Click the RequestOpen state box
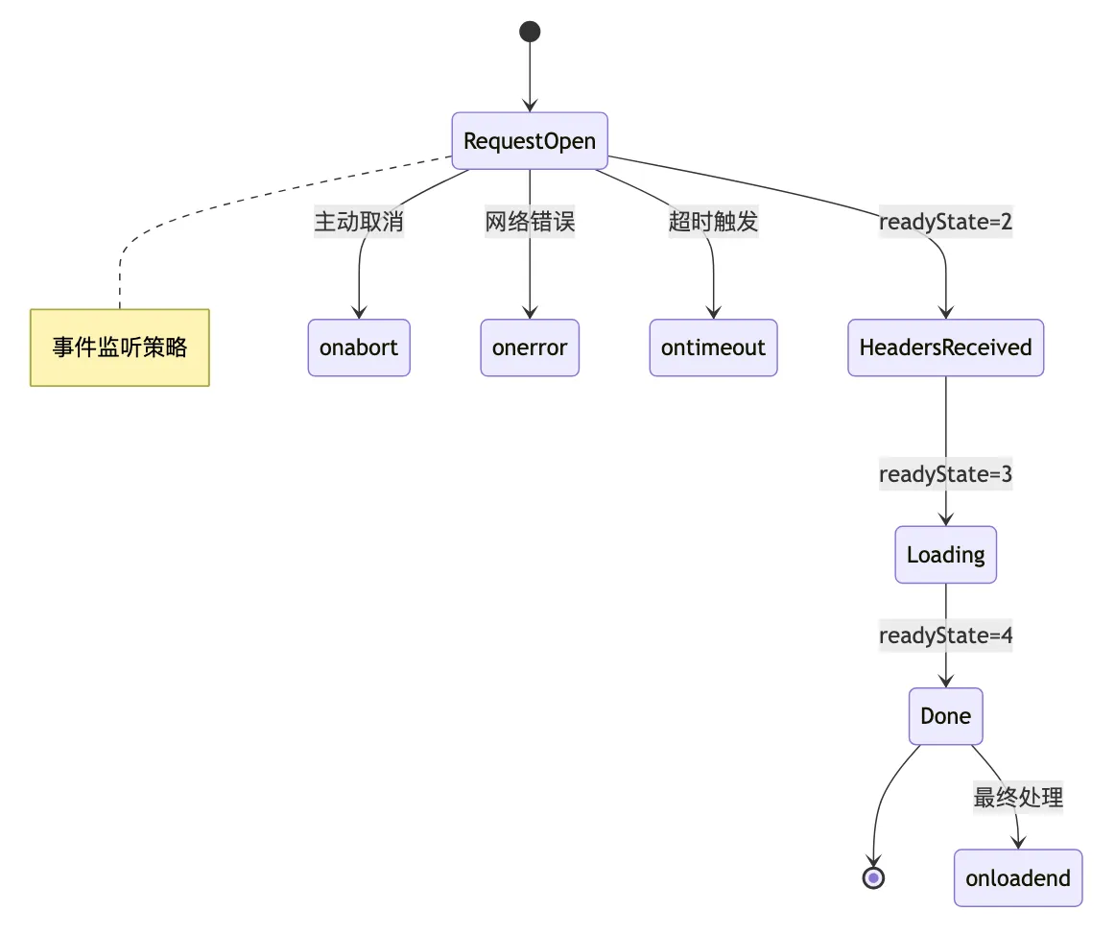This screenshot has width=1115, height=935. [530, 141]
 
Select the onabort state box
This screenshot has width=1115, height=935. [359, 348]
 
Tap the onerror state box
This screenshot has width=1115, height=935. [530, 348]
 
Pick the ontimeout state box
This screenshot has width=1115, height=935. [713, 348]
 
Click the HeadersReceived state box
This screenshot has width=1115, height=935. [945, 348]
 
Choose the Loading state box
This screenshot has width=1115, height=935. [945, 555]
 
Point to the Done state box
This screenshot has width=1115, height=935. [945, 716]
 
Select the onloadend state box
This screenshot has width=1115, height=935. [1017, 878]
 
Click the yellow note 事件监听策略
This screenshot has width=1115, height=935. [120, 348]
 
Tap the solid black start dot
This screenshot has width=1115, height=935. [530, 32]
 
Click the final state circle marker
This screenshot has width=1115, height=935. [873, 877]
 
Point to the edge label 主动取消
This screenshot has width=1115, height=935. [359, 223]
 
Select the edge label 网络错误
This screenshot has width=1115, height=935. [530, 223]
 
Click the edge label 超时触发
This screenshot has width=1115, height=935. [713, 223]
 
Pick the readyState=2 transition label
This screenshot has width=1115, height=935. [945, 223]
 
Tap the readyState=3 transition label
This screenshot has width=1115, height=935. [945, 474]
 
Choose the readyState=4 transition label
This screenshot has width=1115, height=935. [945, 635]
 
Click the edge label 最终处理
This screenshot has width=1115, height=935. [1017, 797]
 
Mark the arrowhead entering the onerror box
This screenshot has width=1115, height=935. [530, 312]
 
